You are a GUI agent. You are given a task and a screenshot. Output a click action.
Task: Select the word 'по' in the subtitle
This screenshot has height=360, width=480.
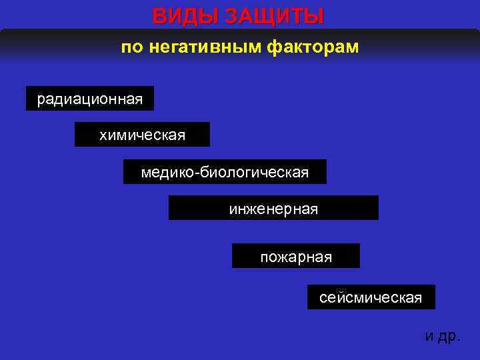pyautogui.click(x=132, y=48)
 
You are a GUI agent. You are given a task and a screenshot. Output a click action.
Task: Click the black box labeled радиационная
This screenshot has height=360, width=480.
pyautogui.click(x=90, y=99)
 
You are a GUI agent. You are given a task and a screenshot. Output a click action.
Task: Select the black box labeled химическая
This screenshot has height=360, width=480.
pyautogui.click(x=142, y=135)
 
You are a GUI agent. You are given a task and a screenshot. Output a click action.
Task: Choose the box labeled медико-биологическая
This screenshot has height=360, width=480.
pyautogui.click(x=225, y=172)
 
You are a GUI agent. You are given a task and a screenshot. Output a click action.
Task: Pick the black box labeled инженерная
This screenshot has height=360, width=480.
pyautogui.click(x=273, y=208)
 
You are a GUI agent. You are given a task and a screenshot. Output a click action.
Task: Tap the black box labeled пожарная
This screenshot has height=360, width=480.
pyautogui.click(x=295, y=256)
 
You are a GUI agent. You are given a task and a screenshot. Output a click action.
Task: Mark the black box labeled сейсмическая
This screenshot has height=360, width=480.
pyautogui.click(x=371, y=297)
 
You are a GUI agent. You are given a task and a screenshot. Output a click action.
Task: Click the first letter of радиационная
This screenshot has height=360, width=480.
pyautogui.click(x=41, y=101)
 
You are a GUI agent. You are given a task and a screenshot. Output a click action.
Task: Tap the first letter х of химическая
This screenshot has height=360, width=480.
pyautogui.click(x=103, y=136)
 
